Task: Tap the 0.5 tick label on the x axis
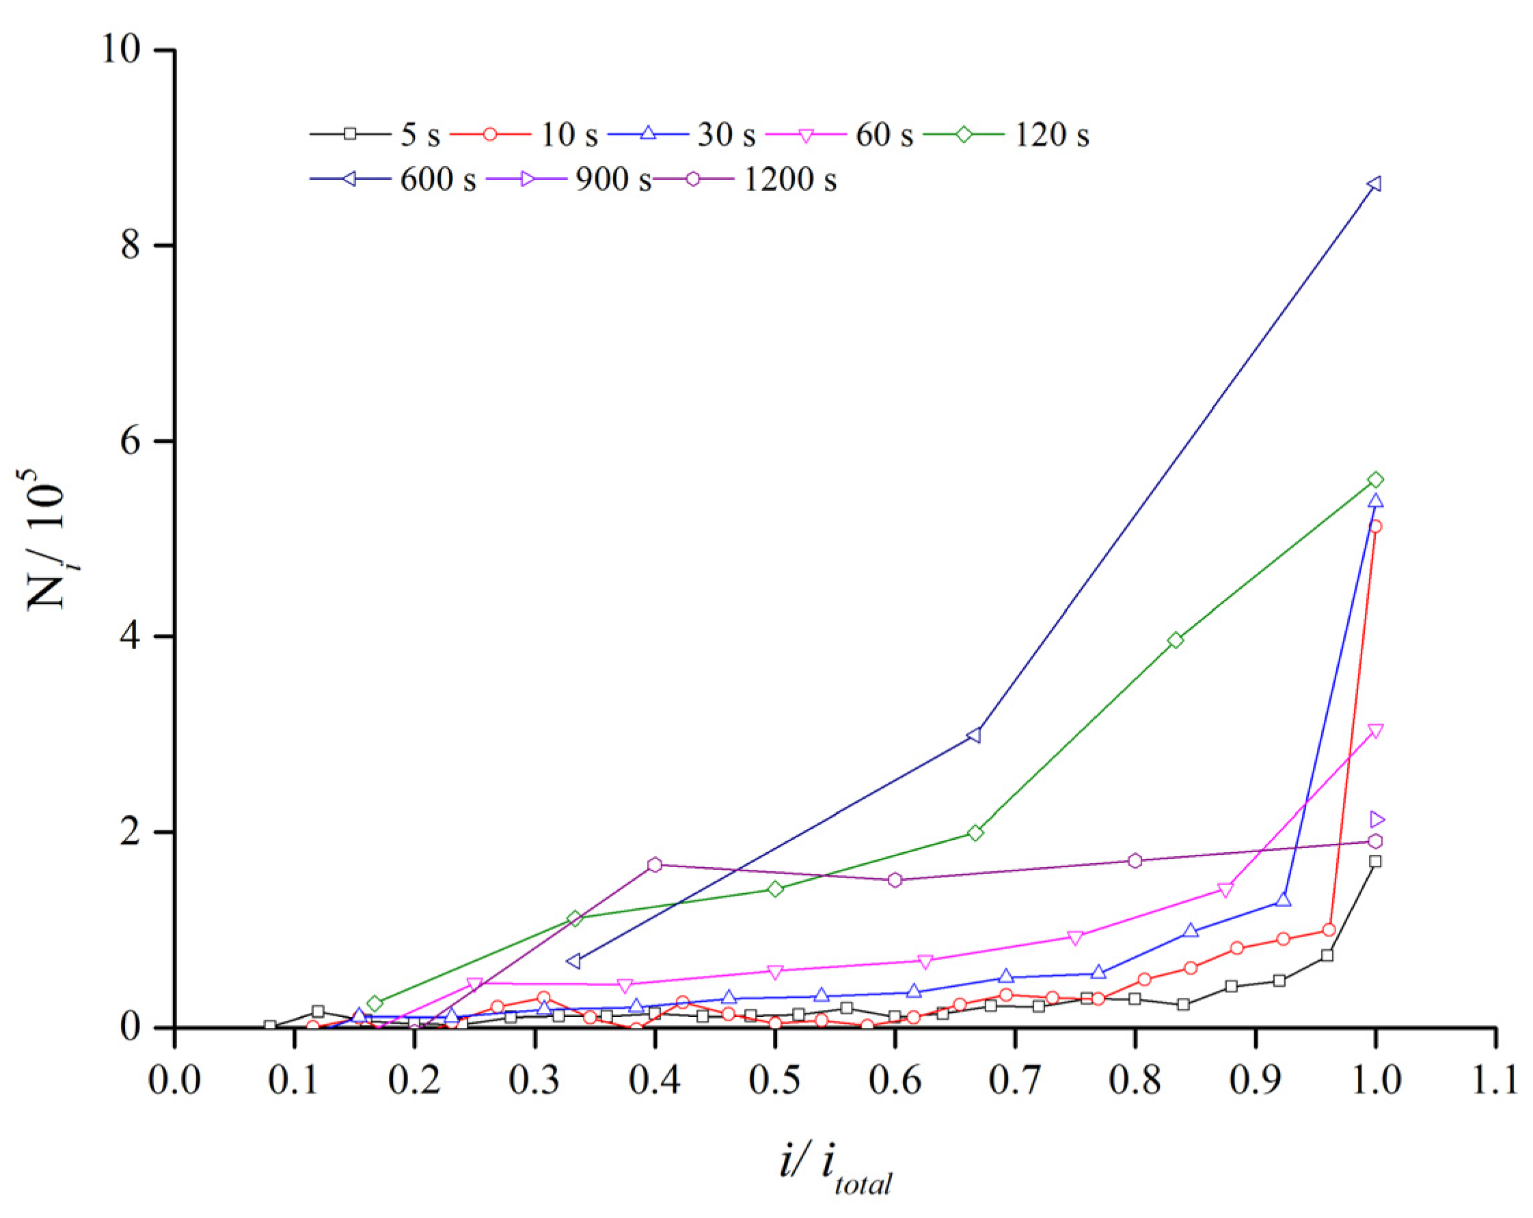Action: coord(775,1080)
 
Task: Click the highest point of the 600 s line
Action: coord(1375,184)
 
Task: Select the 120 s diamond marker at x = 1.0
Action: coord(1375,479)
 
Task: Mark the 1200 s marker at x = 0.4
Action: coord(655,864)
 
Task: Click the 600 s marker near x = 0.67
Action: coord(975,735)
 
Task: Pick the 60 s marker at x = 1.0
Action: coord(1375,730)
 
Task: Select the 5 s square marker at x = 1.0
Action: coord(1375,862)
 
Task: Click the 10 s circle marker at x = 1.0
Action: coord(1375,527)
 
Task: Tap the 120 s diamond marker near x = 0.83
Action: coord(1176,640)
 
